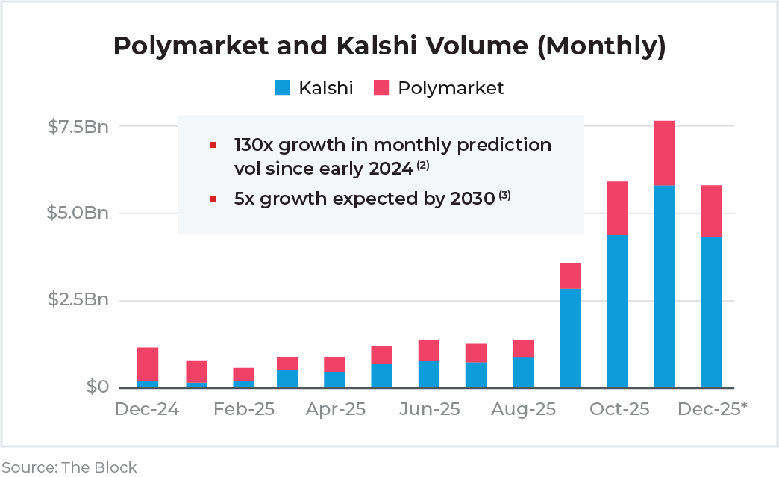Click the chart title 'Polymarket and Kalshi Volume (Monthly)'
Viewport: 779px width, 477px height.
389,46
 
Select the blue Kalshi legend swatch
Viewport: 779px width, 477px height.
281,88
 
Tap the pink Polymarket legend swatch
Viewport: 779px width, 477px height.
381,88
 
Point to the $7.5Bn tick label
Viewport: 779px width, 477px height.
78,126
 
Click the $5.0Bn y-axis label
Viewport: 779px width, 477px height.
78,213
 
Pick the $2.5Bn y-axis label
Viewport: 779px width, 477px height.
78,300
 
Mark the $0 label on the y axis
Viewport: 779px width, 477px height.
96,387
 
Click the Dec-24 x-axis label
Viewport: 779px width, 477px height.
147,409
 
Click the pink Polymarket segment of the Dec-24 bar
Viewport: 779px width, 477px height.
148,364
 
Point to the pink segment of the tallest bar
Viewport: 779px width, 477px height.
664,153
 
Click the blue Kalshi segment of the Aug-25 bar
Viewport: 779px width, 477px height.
523,372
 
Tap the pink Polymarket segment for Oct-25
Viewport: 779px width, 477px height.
617,208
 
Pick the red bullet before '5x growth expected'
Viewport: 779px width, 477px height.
214,199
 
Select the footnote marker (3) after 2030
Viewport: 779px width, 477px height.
504,195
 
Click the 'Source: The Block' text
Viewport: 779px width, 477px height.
69,467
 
